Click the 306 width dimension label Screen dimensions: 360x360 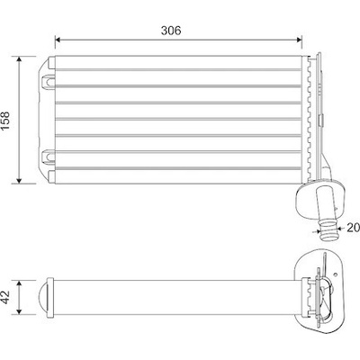(x=171, y=31)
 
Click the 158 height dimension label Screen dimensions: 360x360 (x=5, y=121)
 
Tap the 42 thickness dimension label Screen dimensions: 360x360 (x=5, y=297)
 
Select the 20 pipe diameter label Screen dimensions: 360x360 (x=354, y=228)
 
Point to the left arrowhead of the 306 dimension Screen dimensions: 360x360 (x=58, y=40)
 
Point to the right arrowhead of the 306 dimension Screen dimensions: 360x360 (x=299, y=40)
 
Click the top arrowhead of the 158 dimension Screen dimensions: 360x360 (x=19, y=59)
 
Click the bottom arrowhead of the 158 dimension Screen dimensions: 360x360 (x=19, y=180)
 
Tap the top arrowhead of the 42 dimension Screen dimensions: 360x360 (x=19, y=283)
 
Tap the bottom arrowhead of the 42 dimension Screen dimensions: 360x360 (x=19, y=311)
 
